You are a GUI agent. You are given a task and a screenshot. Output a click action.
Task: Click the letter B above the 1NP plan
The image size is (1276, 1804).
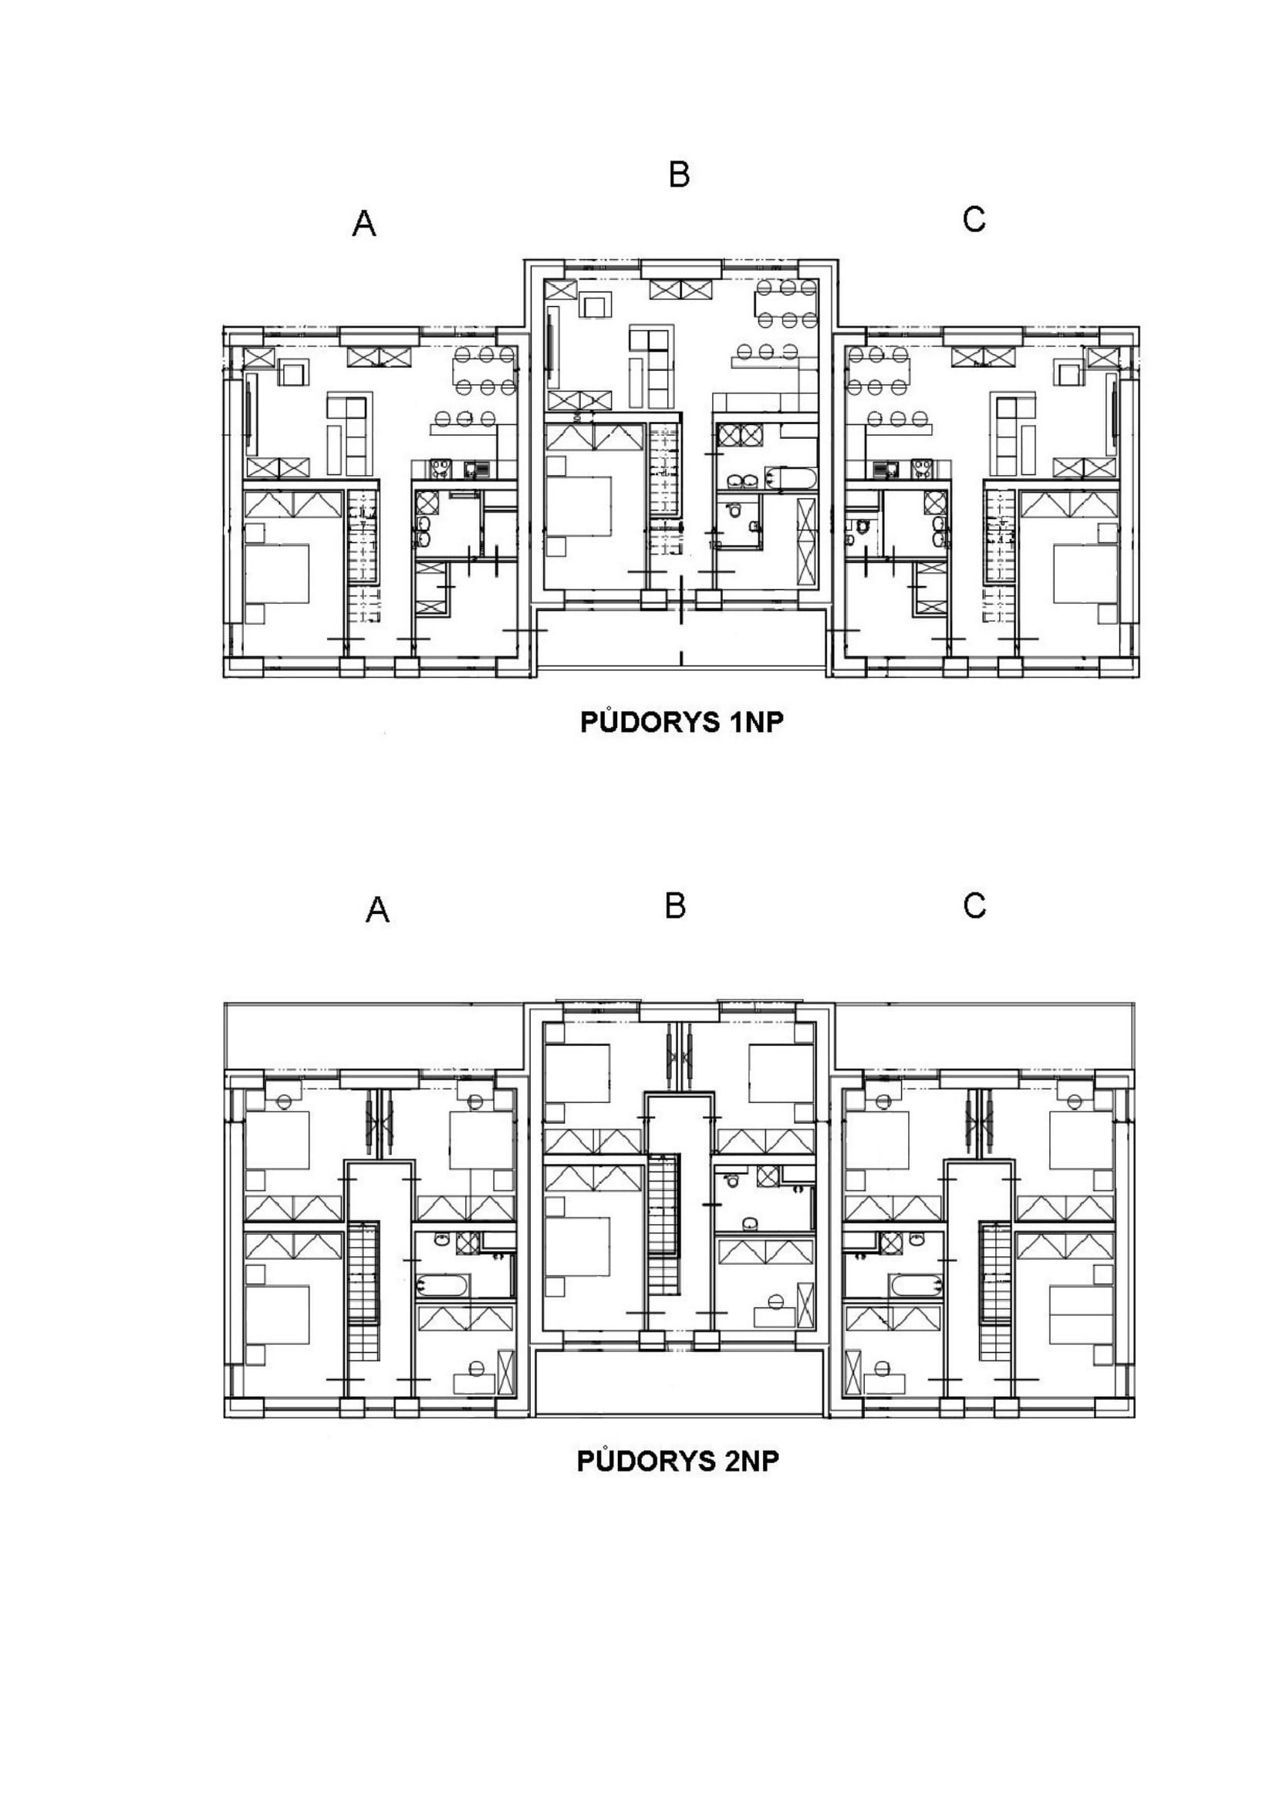[679, 174]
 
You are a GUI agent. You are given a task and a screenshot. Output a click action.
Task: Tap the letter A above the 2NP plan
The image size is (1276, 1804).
[377, 910]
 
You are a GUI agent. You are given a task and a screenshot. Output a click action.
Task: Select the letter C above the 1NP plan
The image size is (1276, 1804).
[974, 219]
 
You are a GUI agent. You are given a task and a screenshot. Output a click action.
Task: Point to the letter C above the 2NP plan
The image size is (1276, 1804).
[974, 906]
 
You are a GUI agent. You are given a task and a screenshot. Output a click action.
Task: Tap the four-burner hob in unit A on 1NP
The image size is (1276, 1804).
[441, 469]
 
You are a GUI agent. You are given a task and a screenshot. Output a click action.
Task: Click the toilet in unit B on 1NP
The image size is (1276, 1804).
[734, 511]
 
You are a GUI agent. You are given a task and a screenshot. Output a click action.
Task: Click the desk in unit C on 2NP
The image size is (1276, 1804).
[884, 1384]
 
